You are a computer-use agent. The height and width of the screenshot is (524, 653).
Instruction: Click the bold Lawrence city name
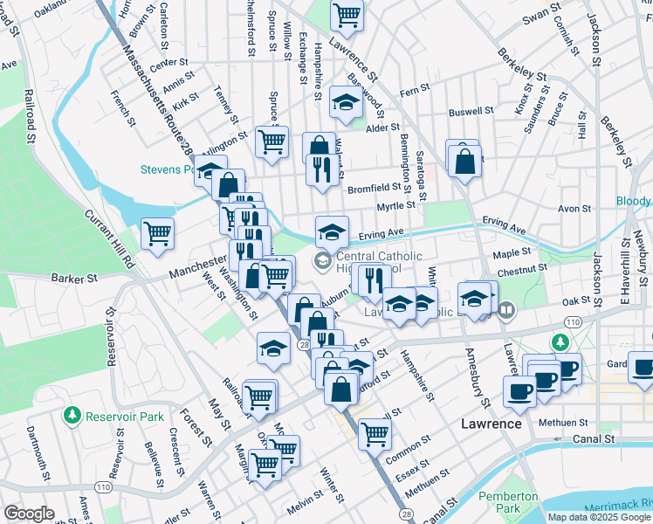491,424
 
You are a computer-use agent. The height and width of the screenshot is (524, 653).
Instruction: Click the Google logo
30,513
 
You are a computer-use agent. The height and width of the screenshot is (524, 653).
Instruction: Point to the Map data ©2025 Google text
599,517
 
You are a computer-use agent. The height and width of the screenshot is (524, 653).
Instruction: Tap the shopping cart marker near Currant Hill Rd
158,233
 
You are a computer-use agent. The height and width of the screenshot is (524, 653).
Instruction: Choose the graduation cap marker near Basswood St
346,102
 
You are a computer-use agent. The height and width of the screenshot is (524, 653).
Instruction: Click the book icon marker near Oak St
506,309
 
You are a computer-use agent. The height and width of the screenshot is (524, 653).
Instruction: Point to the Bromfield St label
379,187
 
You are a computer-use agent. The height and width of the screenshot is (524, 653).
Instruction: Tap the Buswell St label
471,112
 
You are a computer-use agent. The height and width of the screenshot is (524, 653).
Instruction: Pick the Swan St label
541,15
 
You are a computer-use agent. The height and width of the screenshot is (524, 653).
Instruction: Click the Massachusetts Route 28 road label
160,103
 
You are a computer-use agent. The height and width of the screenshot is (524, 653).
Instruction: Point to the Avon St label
575,210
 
